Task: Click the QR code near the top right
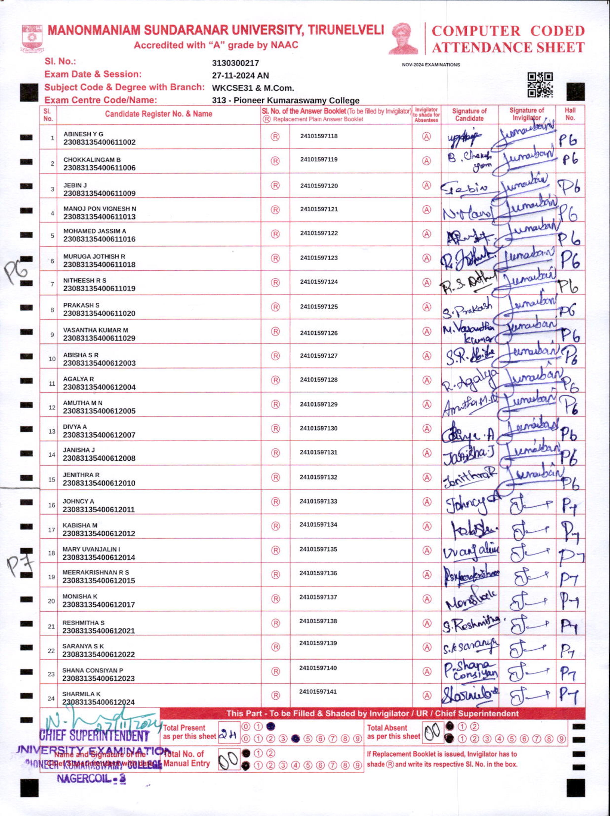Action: [x=540, y=85]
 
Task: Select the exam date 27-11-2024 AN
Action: [x=240, y=76]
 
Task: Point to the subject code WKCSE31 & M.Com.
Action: [x=253, y=88]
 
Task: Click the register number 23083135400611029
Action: [x=99, y=338]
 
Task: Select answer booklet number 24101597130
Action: [x=318, y=428]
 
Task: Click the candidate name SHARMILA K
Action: [x=81, y=694]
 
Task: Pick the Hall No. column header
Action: [x=570, y=114]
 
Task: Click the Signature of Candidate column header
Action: [x=469, y=114]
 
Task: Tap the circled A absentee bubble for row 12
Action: [x=426, y=404]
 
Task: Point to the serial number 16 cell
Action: [x=51, y=505]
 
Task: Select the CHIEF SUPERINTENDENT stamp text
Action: [x=94, y=736]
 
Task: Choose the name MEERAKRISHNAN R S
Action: [x=95, y=572]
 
